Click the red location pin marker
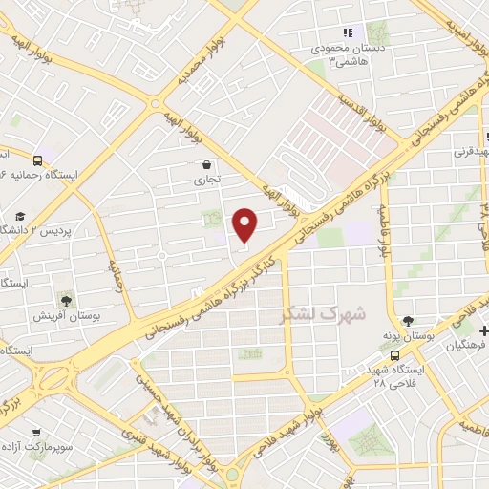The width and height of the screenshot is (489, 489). (x=245, y=224)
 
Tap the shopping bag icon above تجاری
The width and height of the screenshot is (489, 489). (x=207, y=164)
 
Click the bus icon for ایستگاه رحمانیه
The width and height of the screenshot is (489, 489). (x=37, y=160)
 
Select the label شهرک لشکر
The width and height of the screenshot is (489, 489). (x=325, y=312)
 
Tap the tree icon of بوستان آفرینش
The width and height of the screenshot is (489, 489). (x=66, y=301)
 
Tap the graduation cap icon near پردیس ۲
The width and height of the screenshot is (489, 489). (x=20, y=217)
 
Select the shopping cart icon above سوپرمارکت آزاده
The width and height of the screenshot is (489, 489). (x=36, y=432)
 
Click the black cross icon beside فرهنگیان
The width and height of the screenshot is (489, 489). (x=484, y=331)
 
